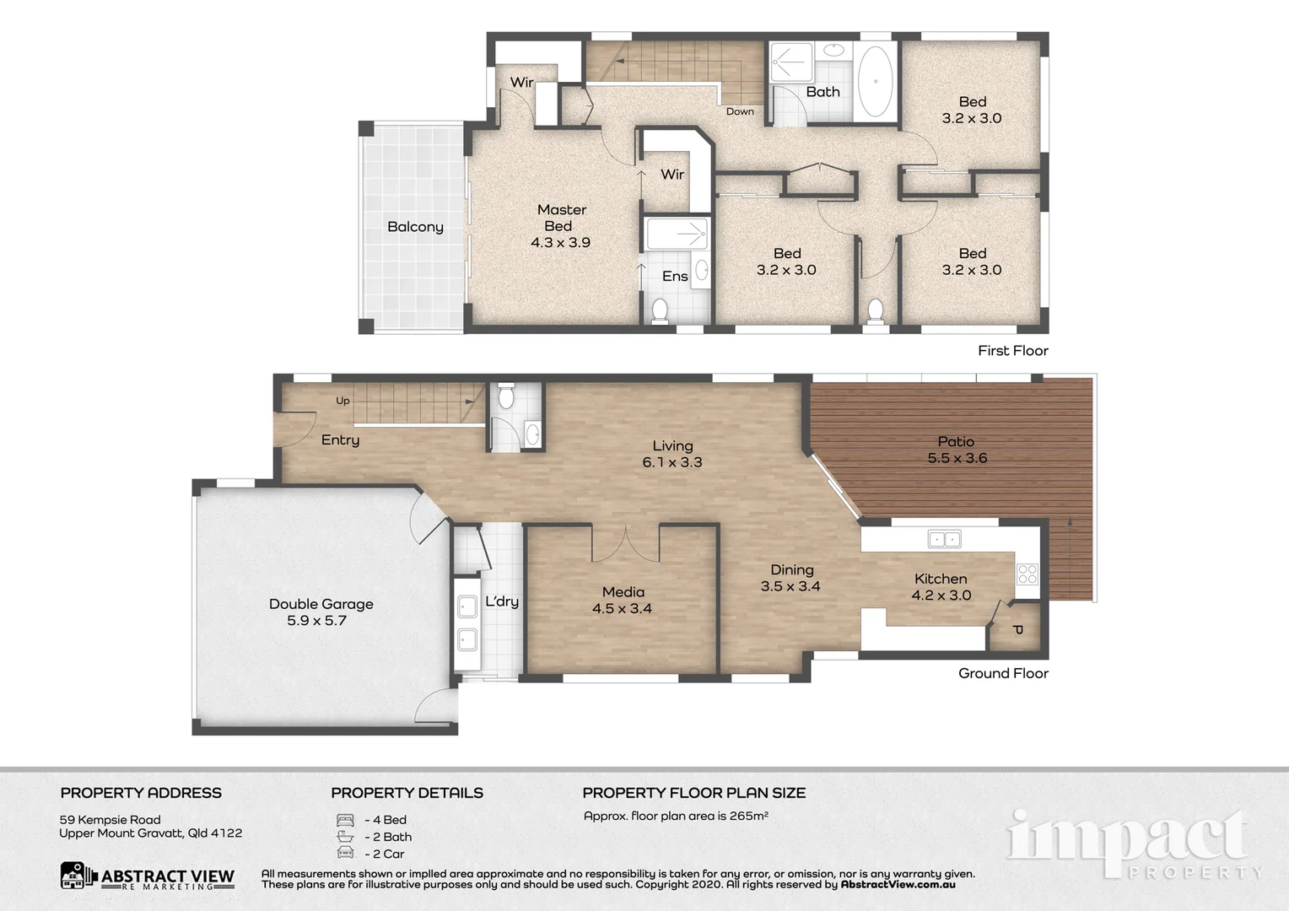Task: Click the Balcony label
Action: pyautogui.click(x=415, y=227)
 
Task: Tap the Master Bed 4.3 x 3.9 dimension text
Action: pyautogui.click(x=560, y=243)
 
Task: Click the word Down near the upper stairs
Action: pyautogui.click(x=740, y=111)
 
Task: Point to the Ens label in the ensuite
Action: pyautogui.click(x=674, y=277)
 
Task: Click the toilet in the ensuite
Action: pyautogui.click(x=660, y=310)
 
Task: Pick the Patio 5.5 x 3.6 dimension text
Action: pyautogui.click(x=957, y=459)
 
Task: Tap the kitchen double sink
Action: pyautogui.click(x=944, y=539)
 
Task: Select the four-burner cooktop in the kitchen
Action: pyautogui.click(x=1027, y=574)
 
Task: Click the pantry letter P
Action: pyautogui.click(x=1017, y=630)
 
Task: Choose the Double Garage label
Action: pyautogui.click(x=321, y=604)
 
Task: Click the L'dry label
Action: pyautogui.click(x=502, y=601)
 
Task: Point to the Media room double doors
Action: pyautogui.click(x=625, y=544)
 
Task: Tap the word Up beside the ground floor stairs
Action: pyautogui.click(x=342, y=401)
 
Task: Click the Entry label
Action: pyautogui.click(x=340, y=440)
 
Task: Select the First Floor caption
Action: pyautogui.click(x=1012, y=351)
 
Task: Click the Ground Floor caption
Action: pyautogui.click(x=1003, y=673)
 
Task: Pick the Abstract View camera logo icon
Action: pyautogui.click(x=78, y=876)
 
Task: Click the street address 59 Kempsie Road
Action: pyautogui.click(x=110, y=820)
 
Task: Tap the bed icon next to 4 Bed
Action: pyautogui.click(x=345, y=820)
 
